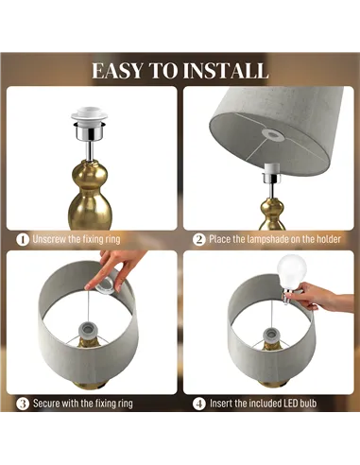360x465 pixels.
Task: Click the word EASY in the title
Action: coord(117,71)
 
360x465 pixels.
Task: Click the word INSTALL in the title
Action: coord(226,71)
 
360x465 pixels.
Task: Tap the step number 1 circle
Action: coord(23,239)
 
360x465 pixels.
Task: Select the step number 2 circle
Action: coord(199,239)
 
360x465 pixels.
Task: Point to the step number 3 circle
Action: coord(23,404)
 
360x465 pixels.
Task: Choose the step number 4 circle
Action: coord(199,404)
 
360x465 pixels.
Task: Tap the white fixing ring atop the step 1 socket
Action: coord(90,115)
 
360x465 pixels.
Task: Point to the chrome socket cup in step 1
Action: coord(90,132)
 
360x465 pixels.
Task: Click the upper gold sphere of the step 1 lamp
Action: coord(90,174)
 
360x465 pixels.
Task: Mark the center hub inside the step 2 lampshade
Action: coord(273,135)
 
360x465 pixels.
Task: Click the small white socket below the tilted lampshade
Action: coord(270,173)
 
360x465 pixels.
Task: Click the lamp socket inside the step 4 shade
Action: coord(271,336)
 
